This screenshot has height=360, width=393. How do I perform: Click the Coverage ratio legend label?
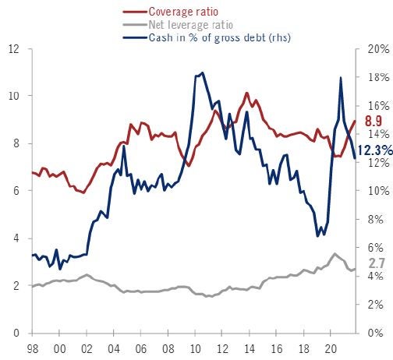point(183,12)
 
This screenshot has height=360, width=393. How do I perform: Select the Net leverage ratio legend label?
point(190,25)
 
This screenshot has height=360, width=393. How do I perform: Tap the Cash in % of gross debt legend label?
point(219,38)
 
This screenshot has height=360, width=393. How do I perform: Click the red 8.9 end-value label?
point(374,121)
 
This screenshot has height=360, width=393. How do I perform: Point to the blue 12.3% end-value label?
point(375,150)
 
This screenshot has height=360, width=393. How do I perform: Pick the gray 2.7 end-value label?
point(377,263)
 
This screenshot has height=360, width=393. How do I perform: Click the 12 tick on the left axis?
point(14,49)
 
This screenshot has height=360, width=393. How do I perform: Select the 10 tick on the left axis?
point(14,96)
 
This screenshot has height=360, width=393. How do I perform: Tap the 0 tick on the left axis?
point(16,333)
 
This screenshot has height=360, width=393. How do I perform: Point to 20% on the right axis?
point(378,49)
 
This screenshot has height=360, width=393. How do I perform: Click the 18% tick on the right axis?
point(378,77)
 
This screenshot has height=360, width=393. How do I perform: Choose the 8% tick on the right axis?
point(376,219)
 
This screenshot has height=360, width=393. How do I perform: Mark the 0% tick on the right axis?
point(376,333)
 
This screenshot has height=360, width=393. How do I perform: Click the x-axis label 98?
point(33,349)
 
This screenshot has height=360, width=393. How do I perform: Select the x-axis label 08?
point(168,349)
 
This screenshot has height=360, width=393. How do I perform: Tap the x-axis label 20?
point(331,349)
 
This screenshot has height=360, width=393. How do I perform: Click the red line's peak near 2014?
point(247,93)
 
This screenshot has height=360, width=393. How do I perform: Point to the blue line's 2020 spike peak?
point(341,77)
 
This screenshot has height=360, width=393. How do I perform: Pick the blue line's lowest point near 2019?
point(317,236)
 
